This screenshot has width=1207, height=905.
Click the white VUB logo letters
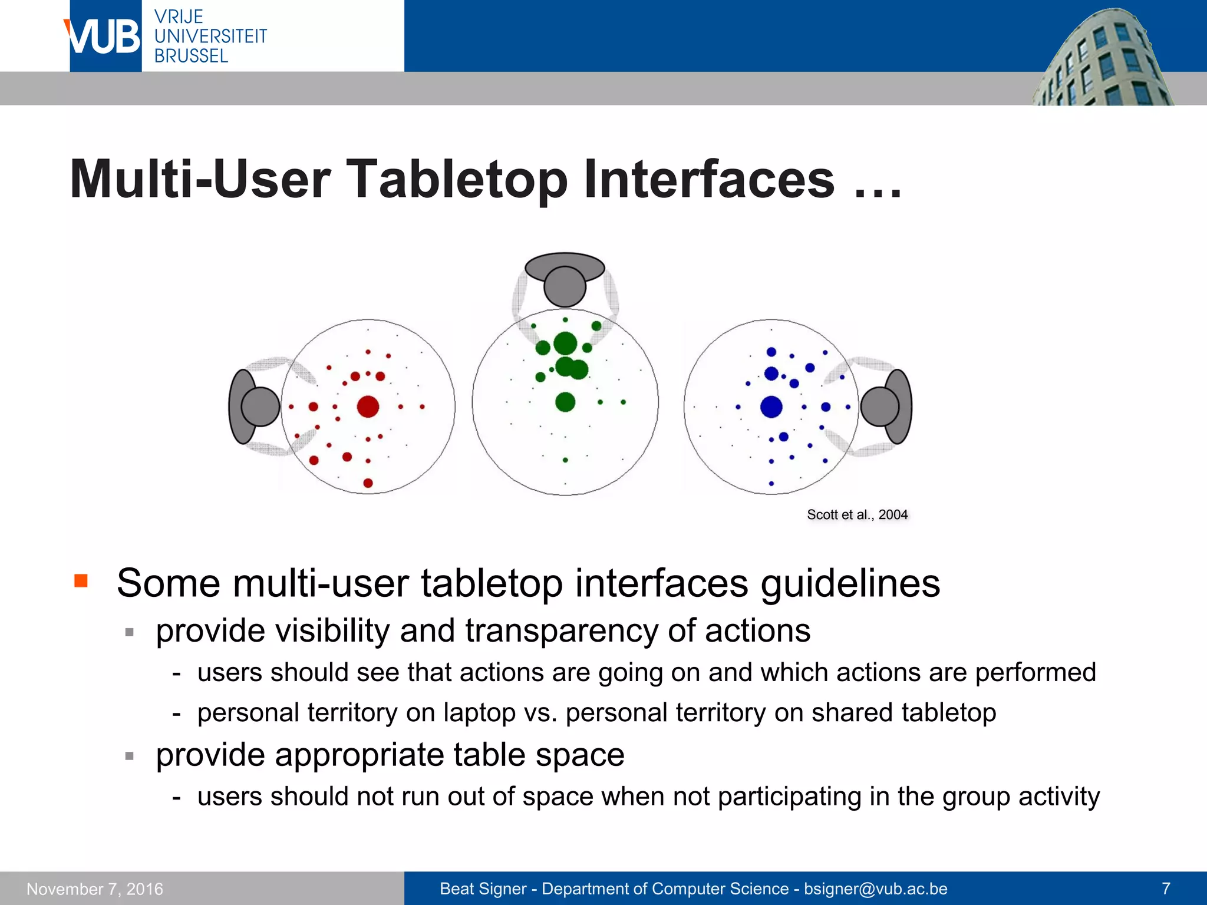tap(105, 37)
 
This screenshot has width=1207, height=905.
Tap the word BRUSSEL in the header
tap(191, 56)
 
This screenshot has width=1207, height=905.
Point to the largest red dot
tap(368, 407)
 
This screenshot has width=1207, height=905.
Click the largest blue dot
tap(771, 407)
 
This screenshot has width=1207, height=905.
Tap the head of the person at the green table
tap(565, 286)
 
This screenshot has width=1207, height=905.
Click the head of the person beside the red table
tap(260, 407)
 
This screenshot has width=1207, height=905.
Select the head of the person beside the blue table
tap(879, 407)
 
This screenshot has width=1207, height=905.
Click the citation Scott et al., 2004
tap(857, 514)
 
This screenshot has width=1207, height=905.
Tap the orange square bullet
tap(81, 581)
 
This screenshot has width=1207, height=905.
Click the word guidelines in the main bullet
tap(850, 583)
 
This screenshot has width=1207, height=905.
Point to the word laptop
tap(480, 712)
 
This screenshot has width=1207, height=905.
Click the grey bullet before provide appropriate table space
tap(130, 756)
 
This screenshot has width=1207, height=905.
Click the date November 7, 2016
tap(95, 889)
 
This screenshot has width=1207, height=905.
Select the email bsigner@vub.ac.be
tap(875, 889)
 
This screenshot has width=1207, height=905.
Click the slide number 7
tap(1165, 888)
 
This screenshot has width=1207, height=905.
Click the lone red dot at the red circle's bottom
tap(368, 483)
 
